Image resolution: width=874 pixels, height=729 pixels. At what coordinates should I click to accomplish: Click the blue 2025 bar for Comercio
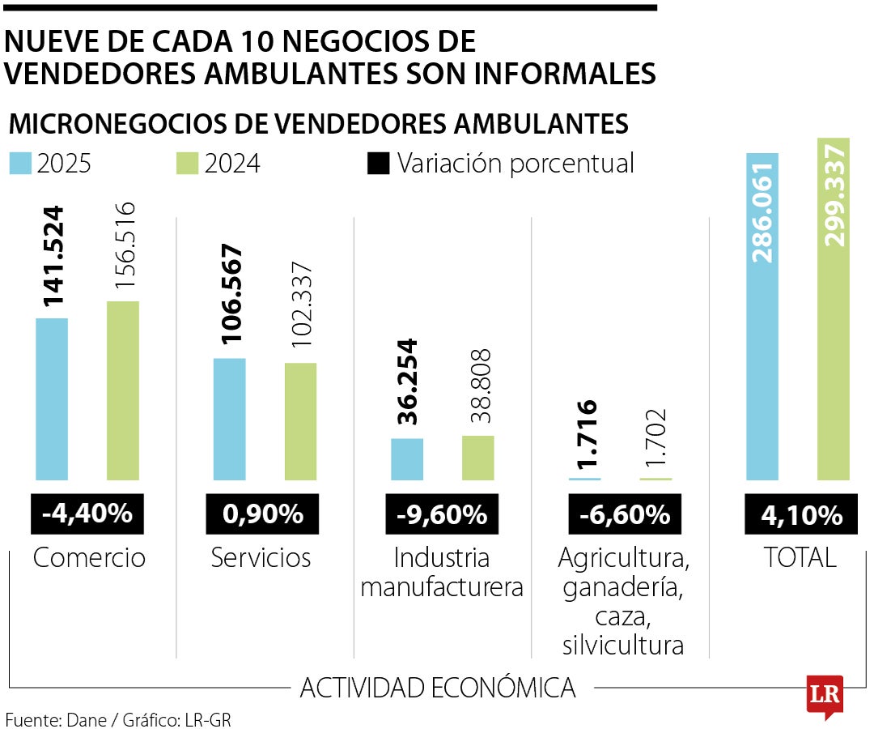click(x=52, y=399)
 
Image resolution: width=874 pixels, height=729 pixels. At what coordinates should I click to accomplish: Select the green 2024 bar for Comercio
click(x=123, y=390)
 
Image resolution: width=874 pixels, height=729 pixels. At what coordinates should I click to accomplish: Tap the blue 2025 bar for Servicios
click(x=230, y=420)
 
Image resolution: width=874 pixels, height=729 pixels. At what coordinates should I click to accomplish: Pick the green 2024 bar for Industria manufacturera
click(x=477, y=458)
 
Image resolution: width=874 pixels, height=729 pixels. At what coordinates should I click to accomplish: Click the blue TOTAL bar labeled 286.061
click(x=762, y=316)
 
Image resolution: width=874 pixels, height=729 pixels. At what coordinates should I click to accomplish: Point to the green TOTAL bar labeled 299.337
click(x=834, y=309)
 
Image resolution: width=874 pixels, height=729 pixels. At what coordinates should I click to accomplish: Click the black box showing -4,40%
click(x=87, y=514)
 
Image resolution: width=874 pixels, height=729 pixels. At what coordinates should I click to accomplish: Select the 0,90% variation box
click(x=262, y=514)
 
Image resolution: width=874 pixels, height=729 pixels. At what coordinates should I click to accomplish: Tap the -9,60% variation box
click(x=442, y=514)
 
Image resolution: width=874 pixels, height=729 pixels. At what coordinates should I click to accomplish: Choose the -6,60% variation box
click(x=625, y=514)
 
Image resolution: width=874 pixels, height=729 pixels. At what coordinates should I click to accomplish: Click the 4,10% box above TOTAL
click(x=801, y=514)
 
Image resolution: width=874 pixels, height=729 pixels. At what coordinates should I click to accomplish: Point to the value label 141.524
click(x=53, y=257)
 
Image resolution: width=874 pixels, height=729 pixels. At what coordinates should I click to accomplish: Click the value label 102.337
click(x=302, y=305)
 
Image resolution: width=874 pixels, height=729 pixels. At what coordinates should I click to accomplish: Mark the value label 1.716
click(x=587, y=434)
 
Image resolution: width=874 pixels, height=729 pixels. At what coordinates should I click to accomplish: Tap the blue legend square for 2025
click(x=20, y=164)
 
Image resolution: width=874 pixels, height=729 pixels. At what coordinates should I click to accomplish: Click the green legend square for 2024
click(x=187, y=164)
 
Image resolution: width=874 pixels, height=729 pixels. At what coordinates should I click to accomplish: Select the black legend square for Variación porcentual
click(x=379, y=164)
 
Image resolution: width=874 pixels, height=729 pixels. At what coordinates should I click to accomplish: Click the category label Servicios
click(x=261, y=558)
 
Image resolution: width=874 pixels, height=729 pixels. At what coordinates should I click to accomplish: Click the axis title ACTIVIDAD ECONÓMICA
click(x=438, y=688)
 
